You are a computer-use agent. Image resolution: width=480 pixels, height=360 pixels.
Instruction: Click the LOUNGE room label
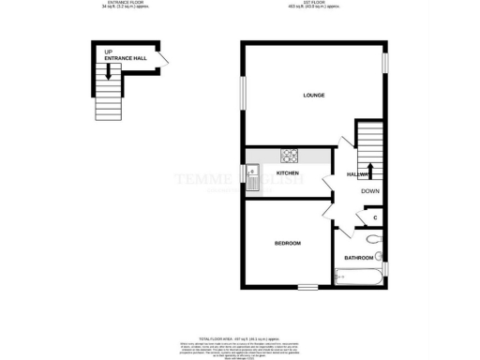(313, 96)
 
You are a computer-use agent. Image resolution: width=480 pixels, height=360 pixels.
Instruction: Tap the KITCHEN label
(287, 173)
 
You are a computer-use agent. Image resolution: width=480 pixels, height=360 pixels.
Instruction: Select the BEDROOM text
(287, 244)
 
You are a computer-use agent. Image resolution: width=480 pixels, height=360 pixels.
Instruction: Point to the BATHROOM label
(358, 257)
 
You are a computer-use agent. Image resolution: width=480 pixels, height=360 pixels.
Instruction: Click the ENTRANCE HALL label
(125, 58)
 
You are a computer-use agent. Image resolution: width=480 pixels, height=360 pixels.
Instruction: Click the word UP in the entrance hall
(109, 52)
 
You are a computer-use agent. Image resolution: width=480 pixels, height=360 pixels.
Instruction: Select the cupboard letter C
(375, 218)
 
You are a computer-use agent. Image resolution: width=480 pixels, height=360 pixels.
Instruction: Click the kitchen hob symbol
(291, 157)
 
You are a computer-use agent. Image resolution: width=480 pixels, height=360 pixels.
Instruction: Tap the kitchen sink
(252, 173)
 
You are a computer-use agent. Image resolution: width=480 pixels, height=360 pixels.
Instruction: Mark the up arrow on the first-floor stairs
(368, 169)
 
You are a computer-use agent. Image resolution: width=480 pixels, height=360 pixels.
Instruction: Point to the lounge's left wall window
(242, 92)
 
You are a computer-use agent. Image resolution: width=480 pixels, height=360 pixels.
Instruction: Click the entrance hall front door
(164, 59)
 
